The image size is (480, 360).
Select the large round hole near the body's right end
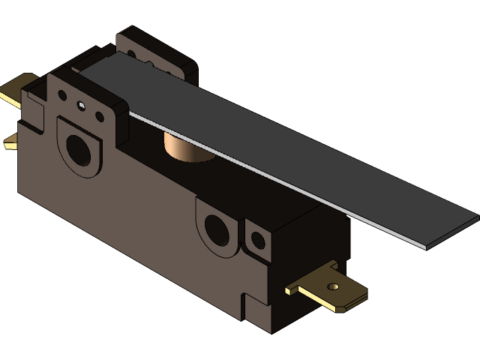coord(217,228)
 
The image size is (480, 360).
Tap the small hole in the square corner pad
coord(258,241)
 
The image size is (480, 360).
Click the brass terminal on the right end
coord(330,288)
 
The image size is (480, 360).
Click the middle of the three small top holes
coord(82,106)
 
